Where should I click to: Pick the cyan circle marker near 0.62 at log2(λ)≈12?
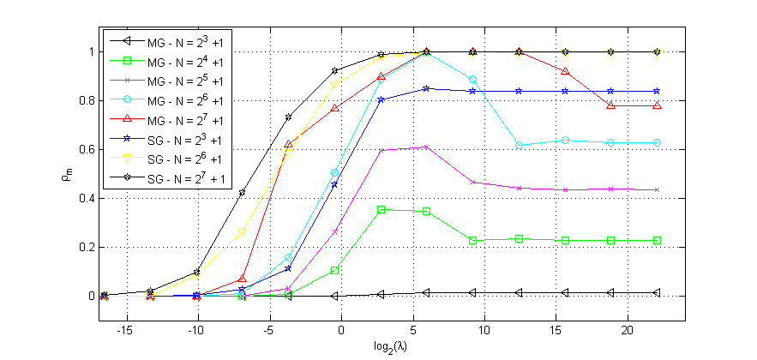click(519, 145)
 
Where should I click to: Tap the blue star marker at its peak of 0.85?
click(426, 88)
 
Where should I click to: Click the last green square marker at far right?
click(657, 241)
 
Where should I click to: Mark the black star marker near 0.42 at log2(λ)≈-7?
click(242, 193)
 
